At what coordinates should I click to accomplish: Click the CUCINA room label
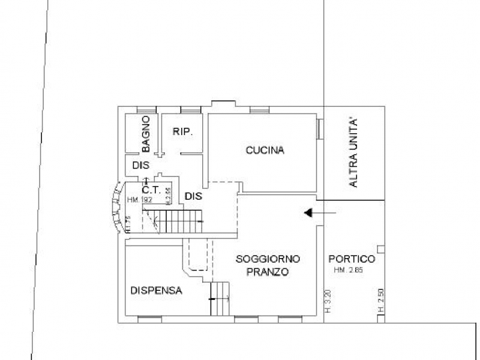click(x=265, y=151)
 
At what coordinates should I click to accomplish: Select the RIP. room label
click(x=182, y=132)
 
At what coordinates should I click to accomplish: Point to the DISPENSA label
click(x=156, y=290)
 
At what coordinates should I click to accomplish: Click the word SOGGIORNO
click(x=268, y=259)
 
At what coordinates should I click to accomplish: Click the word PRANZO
click(x=267, y=272)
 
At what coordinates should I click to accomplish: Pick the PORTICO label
click(x=352, y=259)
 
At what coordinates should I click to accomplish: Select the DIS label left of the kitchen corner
click(x=193, y=196)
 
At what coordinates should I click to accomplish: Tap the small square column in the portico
click(x=379, y=248)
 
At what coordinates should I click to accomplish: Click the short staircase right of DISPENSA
click(x=221, y=298)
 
